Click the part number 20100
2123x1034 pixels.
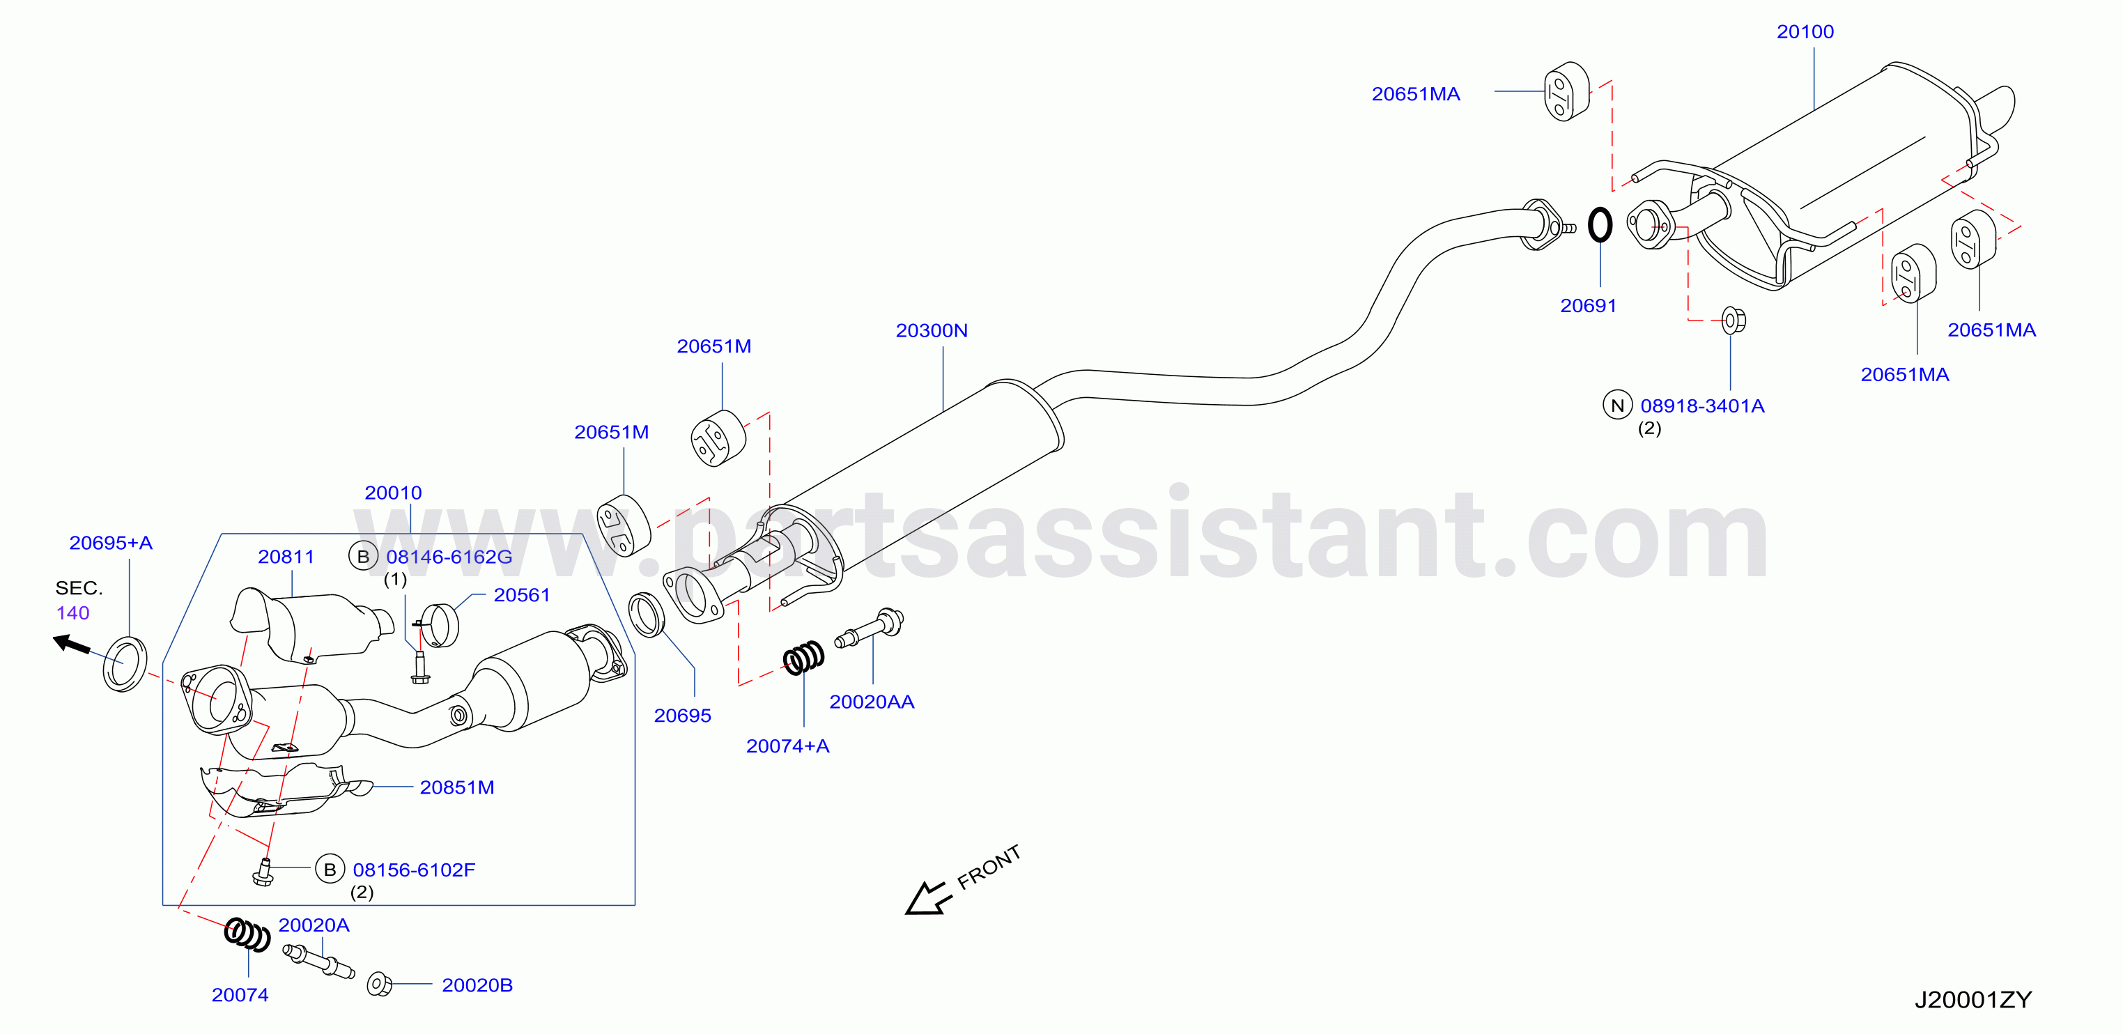coord(1805,32)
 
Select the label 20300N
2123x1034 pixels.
coord(932,330)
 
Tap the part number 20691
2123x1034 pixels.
coord(1588,306)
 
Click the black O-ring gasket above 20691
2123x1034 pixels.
coord(1600,225)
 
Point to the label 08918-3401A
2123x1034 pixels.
coord(1702,406)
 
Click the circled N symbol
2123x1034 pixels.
coord(1617,406)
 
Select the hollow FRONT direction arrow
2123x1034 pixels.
coord(929,897)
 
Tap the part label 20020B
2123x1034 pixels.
coord(477,985)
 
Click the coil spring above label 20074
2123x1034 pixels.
coord(247,934)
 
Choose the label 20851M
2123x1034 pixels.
coord(456,787)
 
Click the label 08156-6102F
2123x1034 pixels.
coord(414,870)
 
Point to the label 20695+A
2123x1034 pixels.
coord(111,543)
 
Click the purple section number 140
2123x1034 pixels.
coord(72,613)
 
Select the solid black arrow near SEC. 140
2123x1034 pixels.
coord(72,644)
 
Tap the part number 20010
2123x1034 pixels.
coord(393,493)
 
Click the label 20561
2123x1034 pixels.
coord(522,595)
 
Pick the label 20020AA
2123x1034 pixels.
coord(871,702)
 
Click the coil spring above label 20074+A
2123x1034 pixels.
coord(803,658)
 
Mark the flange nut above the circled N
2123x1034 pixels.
coord(1734,320)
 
